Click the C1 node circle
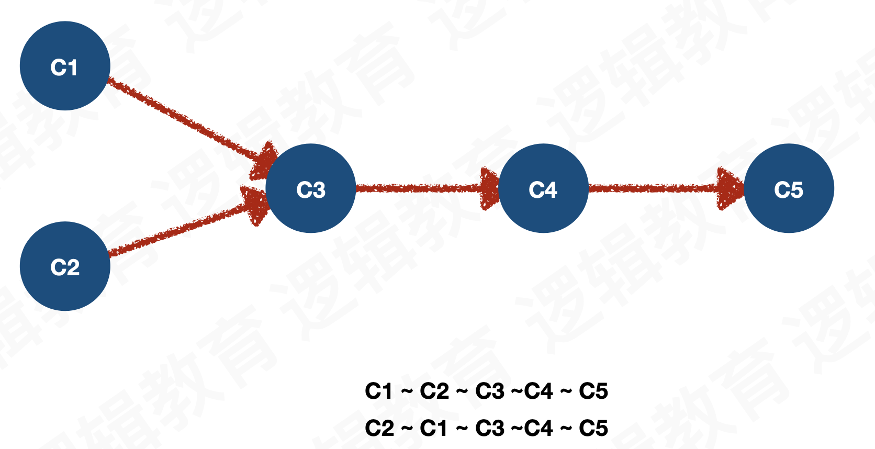(x=65, y=66)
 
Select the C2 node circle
(x=65, y=266)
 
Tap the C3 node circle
(x=311, y=188)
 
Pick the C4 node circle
(x=543, y=188)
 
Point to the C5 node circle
(x=789, y=188)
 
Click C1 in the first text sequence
(x=378, y=391)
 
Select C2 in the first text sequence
(x=434, y=391)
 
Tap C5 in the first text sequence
(x=593, y=391)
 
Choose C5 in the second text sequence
(x=593, y=429)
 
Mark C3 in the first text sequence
(x=490, y=391)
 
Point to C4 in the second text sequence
(x=539, y=429)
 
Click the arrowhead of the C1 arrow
(x=264, y=160)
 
